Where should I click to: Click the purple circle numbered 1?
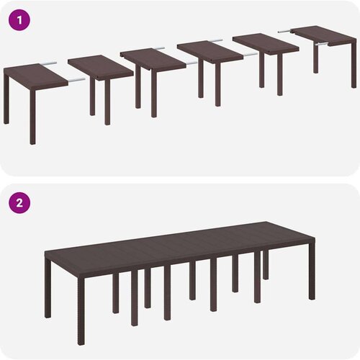(19, 20)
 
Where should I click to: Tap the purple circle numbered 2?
(19, 203)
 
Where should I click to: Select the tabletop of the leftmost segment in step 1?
(35, 76)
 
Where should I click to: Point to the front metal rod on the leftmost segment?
(76, 80)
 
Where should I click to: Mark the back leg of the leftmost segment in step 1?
(6, 99)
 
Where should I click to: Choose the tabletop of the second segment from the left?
(100, 67)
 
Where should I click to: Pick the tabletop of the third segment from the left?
(153, 59)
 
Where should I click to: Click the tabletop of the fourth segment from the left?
(210, 51)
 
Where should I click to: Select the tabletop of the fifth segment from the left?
(266, 44)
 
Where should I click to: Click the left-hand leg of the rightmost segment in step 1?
(316, 58)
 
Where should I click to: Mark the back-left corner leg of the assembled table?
(48, 288)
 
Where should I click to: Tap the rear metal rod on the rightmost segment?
(284, 31)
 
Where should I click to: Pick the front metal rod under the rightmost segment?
(321, 44)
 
